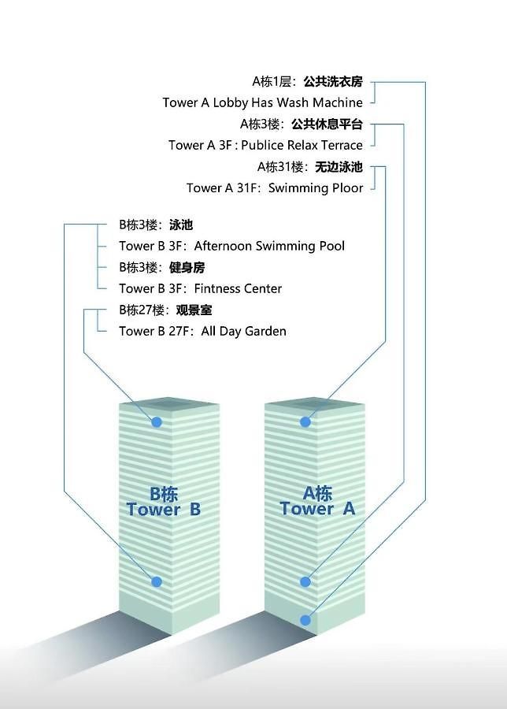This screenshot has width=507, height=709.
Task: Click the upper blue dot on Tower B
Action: [x=157, y=422]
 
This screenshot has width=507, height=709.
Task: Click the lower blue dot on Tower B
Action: [x=157, y=581]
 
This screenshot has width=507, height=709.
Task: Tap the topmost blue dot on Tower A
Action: [x=305, y=422]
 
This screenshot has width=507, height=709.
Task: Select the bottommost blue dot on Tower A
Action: [x=305, y=620]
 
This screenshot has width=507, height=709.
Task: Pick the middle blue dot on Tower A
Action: [x=305, y=581]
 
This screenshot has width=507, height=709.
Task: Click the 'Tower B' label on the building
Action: [x=164, y=509]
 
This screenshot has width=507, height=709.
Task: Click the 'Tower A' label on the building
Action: [x=317, y=508]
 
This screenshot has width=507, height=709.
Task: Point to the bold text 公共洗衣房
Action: [x=333, y=81]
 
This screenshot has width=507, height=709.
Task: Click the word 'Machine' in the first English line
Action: [x=338, y=102]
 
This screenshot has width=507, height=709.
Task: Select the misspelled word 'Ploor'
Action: [x=347, y=187]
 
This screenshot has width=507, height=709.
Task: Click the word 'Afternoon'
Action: [x=223, y=246]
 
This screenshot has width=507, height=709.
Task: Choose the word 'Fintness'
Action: [x=216, y=288]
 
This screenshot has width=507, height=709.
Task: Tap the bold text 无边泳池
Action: [x=339, y=167]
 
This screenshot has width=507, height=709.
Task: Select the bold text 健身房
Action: [x=187, y=267]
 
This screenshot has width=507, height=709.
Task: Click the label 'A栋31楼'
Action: [x=280, y=167]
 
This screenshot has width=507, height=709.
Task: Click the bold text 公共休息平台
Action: [x=328, y=124]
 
